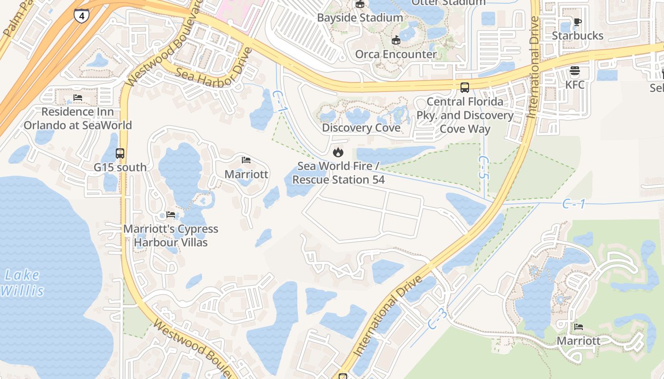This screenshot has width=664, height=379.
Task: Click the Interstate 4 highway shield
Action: (82, 16)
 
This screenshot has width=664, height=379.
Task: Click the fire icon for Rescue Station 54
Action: (338, 152)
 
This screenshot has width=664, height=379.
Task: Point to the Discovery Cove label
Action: (361, 127)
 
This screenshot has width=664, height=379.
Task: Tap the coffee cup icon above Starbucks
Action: (577, 22)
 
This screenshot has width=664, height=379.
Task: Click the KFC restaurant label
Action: (575, 85)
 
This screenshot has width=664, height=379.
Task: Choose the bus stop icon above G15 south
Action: (120, 153)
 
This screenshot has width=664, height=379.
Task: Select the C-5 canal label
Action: (483, 167)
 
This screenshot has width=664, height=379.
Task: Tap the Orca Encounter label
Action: (396, 54)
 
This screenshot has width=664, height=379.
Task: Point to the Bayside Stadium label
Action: (360, 18)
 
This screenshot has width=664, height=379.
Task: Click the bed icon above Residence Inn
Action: (78, 98)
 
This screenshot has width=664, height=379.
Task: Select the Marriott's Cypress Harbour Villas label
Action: (171, 235)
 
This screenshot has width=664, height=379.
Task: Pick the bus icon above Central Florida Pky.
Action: (465, 88)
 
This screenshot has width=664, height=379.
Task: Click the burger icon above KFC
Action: (575, 71)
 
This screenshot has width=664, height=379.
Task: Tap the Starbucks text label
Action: (577, 36)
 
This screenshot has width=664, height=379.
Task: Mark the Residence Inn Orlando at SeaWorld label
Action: (78, 118)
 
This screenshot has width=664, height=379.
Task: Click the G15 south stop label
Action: (120, 167)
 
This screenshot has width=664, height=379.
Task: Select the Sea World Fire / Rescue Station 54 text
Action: (338, 173)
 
